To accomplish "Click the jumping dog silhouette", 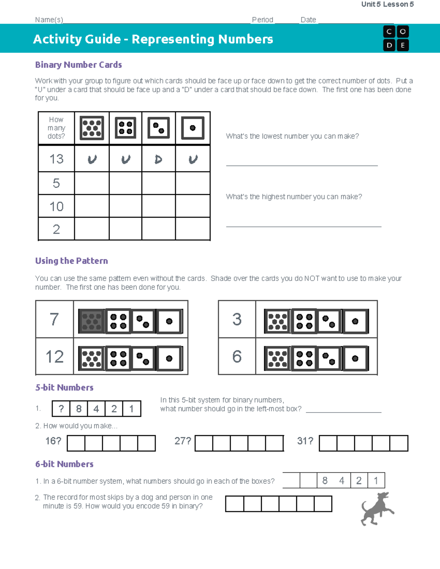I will click(x=377, y=509).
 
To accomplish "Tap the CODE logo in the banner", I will click(x=396, y=38).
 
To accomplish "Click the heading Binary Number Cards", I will click(x=78, y=65).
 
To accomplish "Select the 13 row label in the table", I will click(x=56, y=159).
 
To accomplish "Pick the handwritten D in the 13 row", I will click(x=158, y=159).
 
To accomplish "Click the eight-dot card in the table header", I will click(x=92, y=128).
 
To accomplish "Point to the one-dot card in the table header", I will click(x=192, y=128).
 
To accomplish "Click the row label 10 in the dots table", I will click(x=56, y=206).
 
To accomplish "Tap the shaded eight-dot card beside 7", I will click(x=91, y=321).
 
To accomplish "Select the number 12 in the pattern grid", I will click(x=55, y=356).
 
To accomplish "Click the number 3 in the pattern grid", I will click(x=237, y=319).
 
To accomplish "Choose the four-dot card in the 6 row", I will click(x=304, y=358).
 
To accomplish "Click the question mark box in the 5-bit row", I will click(x=61, y=409).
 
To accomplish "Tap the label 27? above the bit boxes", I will click(x=183, y=441).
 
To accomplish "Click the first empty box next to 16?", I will click(x=76, y=443).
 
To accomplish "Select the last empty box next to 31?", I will click(x=399, y=443).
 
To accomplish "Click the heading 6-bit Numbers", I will click(x=65, y=464).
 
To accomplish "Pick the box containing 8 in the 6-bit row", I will click(x=325, y=481).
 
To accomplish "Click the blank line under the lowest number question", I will click(x=302, y=165).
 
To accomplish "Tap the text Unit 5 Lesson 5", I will click(x=387, y=4).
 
